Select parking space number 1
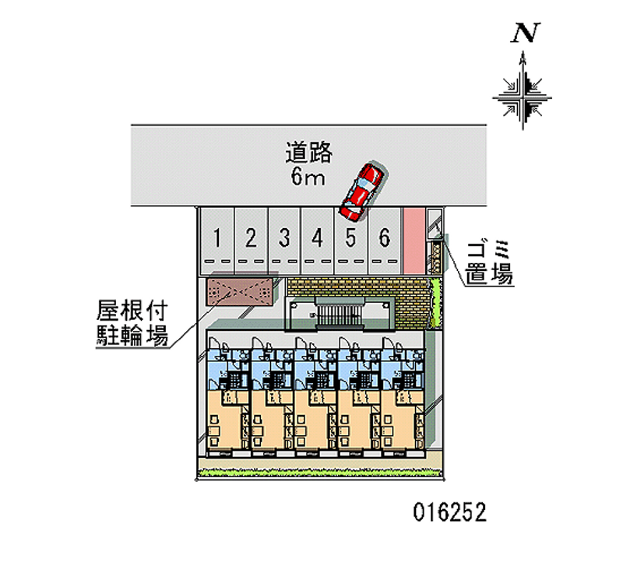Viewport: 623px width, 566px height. (x=220, y=237)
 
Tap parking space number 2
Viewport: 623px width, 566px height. (x=252, y=237)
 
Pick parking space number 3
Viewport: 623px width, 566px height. (x=285, y=237)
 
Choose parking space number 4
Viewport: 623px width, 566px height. (x=317, y=237)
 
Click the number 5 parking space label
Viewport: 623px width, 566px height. (x=350, y=237)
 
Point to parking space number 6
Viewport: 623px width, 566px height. (x=383, y=237)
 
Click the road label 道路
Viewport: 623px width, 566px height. (x=309, y=152)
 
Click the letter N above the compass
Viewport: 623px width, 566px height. (x=526, y=33)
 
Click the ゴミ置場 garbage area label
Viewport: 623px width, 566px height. (x=489, y=262)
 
